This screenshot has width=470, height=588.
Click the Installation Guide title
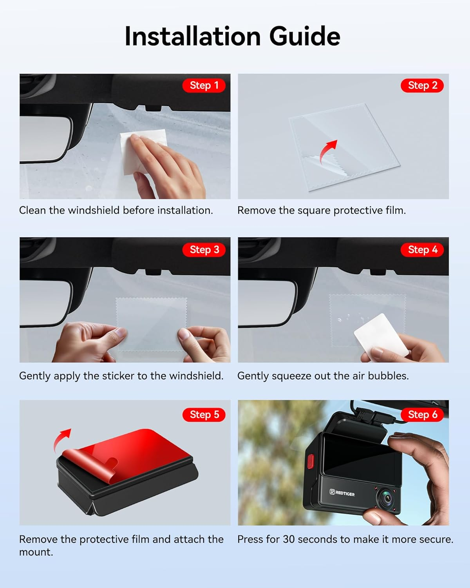tap(232, 36)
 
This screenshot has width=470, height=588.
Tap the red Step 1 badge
tap(204, 85)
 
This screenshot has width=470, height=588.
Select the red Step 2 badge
tap(422, 85)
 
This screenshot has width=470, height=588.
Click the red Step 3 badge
tap(204, 250)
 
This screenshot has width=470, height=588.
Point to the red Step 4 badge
tap(422, 250)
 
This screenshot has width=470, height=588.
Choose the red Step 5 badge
tap(204, 414)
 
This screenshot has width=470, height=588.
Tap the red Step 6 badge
tap(422, 414)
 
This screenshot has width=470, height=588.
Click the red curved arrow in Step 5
tap(62, 439)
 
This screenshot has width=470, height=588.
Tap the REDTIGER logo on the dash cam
tap(342, 493)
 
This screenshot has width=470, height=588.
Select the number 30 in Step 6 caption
tap(288, 539)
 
